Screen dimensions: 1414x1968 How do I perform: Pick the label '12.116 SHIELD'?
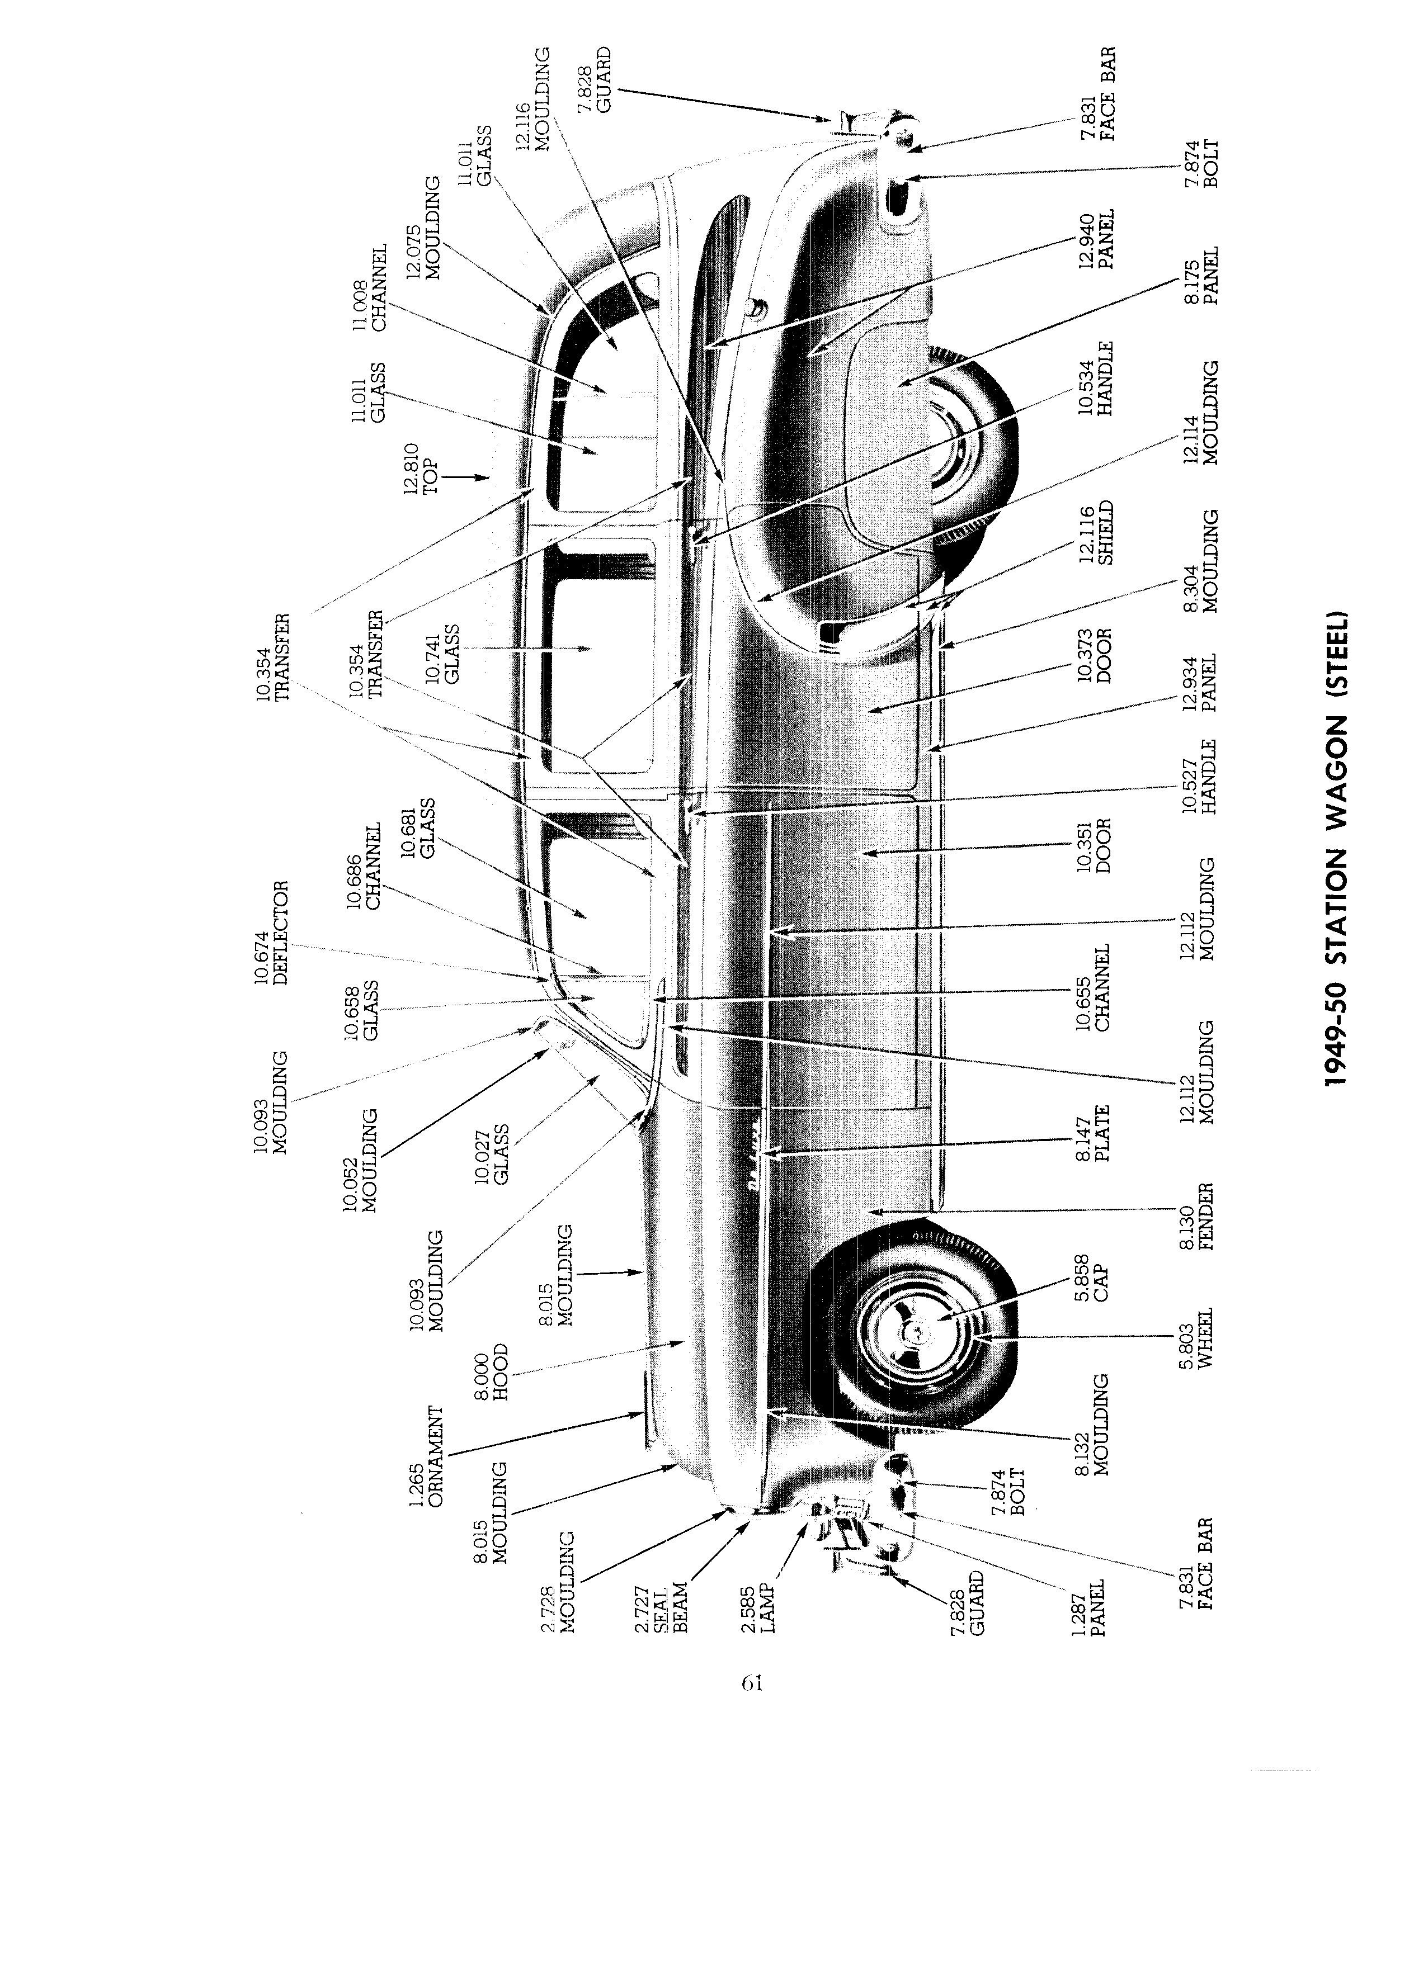click(1096, 533)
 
